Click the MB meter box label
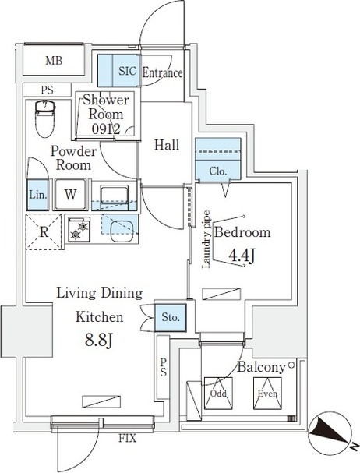tap(54, 61)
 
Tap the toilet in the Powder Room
tap(45, 119)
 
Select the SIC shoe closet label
tap(127, 71)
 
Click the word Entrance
tap(162, 73)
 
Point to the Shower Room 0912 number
tap(106, 129)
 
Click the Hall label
tap(167, 145)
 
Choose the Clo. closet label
tap(217, 171)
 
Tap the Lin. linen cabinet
tap(37, 195)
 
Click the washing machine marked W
tap(70, 195)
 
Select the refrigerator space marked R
tap(44, 232)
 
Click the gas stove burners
tap(79, 229)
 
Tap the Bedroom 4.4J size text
tap(242, 256)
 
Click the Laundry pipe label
tap(206, 239)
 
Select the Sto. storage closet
tap(171, 317)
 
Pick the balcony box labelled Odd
tap(218, 393)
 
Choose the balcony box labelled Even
tap(267, 393)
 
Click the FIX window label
tap(127, 438)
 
